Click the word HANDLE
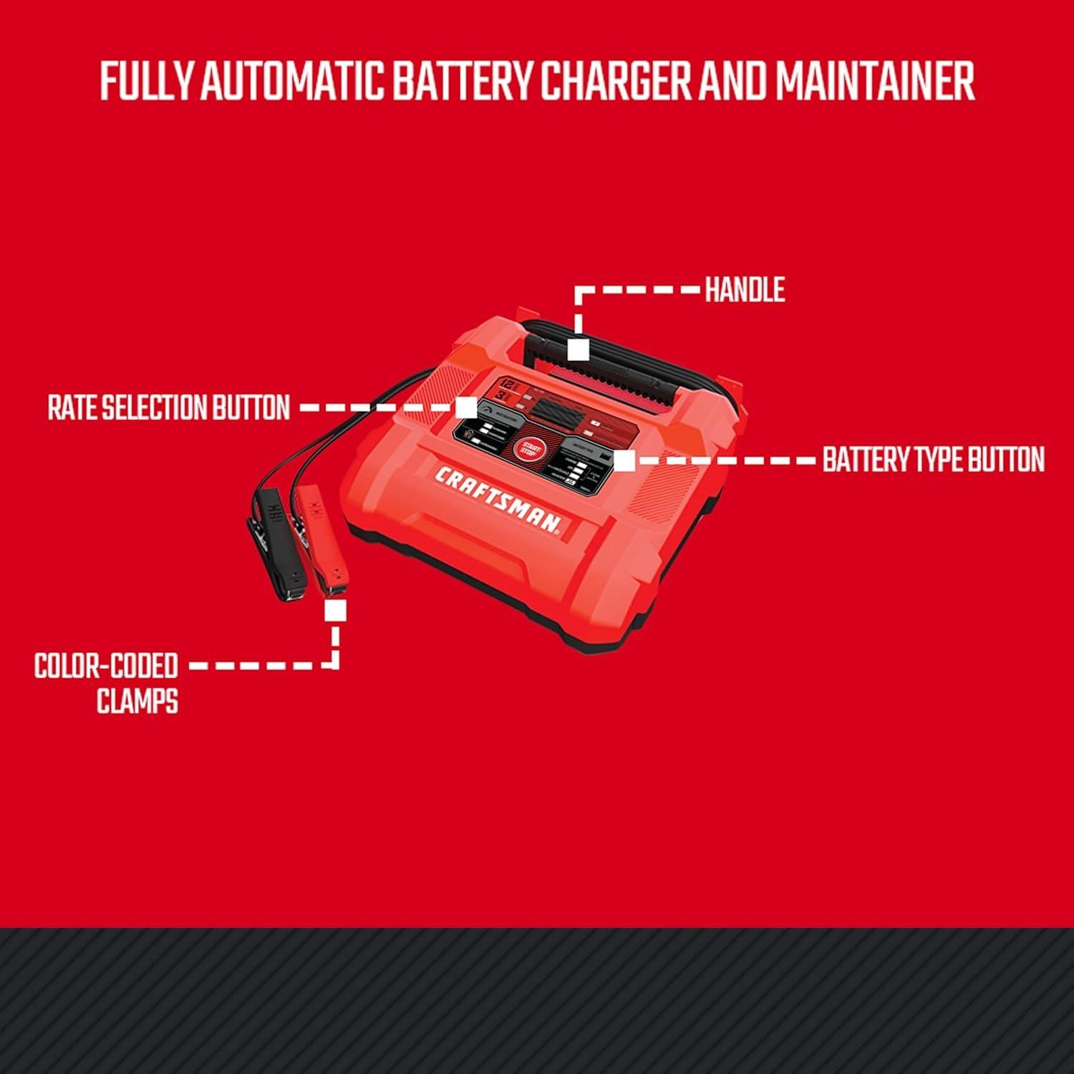coord(745,291)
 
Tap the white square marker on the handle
coord(578,350)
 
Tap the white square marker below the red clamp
coord(335,611)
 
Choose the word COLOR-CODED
coord(106,666)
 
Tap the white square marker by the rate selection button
coord(466,408)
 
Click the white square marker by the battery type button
coord(624,460)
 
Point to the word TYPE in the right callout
coord(934,460)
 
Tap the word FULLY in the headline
coord(147,82)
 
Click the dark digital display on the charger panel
coord(555,413)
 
